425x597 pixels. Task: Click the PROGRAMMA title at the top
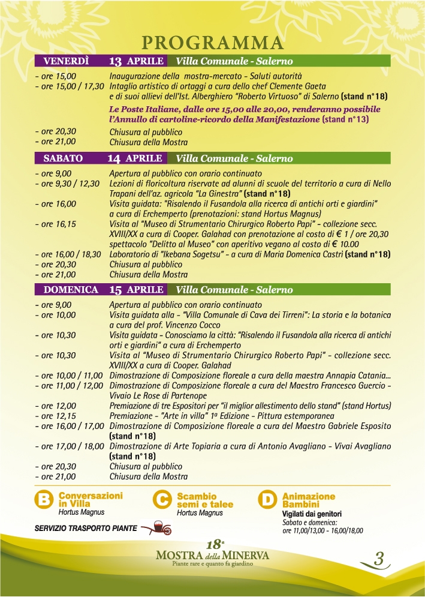tap(212, 43)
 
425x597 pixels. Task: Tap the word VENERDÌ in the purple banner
tap(66, 61)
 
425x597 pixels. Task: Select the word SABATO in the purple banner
tap(63, 158)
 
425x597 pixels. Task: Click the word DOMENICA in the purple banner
tap(71, 290)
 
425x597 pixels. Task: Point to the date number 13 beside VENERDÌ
tap(116, 61)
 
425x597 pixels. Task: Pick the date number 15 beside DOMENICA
tap(116, 290)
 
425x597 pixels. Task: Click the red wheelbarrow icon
tap(159, 528)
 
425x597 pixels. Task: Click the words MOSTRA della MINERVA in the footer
tap(212, 555)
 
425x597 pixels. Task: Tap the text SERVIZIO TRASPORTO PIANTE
tap(86, 529)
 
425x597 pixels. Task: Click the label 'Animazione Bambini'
tap(309, 500)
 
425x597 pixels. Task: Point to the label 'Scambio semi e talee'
tap(205, 500)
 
